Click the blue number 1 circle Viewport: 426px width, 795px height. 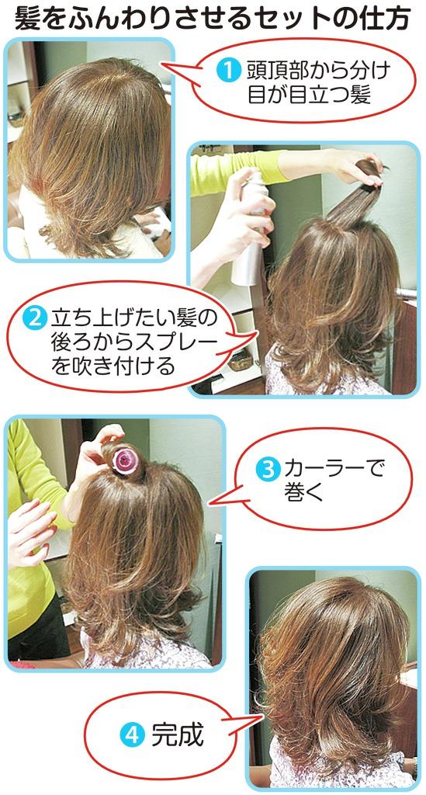click(x=228, y=71)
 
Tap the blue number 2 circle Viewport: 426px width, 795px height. click(x=35, y=319)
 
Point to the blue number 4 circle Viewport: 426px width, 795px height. click(x=132, y=734)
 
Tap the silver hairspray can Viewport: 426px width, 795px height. click(x=250, y=228)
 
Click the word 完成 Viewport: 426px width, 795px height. click(x=177, y=734)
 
